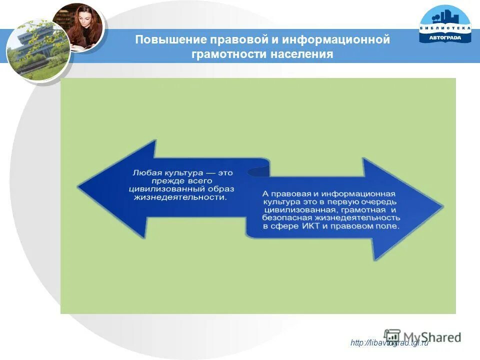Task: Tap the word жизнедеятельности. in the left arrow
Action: coord(180,197)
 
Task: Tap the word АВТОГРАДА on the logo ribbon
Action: coord(445,37)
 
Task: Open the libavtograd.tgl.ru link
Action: coord(390,342)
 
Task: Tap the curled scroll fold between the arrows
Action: coord(260,170)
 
